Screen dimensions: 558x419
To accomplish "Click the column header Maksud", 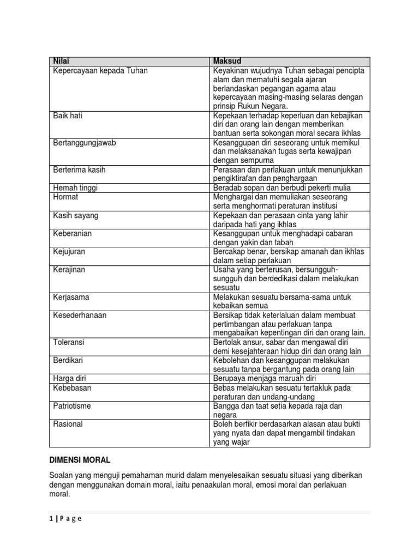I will [227, 61].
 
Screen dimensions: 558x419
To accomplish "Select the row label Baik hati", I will [68, 116].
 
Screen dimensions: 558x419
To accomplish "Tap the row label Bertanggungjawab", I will [85, 143].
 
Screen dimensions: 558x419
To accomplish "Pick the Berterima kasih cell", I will [79, 170].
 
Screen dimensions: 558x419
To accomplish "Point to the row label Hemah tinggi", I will [75, 188].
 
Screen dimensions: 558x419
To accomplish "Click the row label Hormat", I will [65, 197].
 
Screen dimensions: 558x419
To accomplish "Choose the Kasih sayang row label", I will [76, 215].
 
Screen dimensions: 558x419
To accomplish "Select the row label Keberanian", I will [73, 233].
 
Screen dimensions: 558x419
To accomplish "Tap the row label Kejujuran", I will [69, 252].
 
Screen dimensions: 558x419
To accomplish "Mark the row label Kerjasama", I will [71, 297].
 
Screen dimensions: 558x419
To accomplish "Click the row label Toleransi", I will [69, 342].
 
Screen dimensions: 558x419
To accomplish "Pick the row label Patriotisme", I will [72, 406].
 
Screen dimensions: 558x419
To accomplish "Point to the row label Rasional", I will [68, 424].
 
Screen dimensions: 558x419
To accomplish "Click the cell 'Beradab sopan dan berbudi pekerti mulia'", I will [282, 188].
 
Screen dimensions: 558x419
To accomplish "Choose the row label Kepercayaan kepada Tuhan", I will [100, 70].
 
